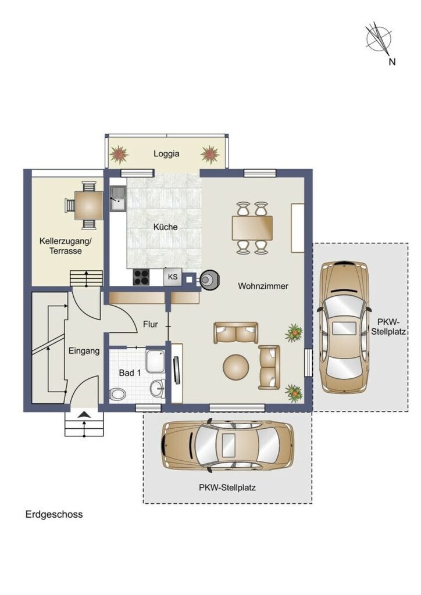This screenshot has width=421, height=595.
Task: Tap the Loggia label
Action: click(x=166, y=153)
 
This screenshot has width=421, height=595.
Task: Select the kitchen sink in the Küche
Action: click(x=118, y=199)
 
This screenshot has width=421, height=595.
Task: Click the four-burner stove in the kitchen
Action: click(x=141, y=277)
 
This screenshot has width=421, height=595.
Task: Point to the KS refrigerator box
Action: click(x=173, y=277)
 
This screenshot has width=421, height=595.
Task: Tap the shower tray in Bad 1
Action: click(x=155, y=361)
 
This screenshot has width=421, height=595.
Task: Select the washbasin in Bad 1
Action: click(x=157, y=388)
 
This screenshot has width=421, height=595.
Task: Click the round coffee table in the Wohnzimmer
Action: click(x=236, y=367)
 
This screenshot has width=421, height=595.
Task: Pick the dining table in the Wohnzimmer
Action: click(x=252, y=228)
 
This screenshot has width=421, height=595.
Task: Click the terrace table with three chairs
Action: click(x=84, y=205)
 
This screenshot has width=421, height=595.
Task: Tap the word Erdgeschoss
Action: click(x=54, y=515)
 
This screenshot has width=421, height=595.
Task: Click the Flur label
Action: click(x=151, y=324)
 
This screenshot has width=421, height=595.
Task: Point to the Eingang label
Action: click(x=84, y=351)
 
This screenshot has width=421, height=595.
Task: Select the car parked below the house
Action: click(x=228, y=444)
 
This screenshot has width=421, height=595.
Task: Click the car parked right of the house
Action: click(x=344, y=327)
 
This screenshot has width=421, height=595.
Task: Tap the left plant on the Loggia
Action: click(x=119, y=154)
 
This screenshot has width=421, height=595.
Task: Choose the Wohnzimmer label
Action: click(x=263, y=286)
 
